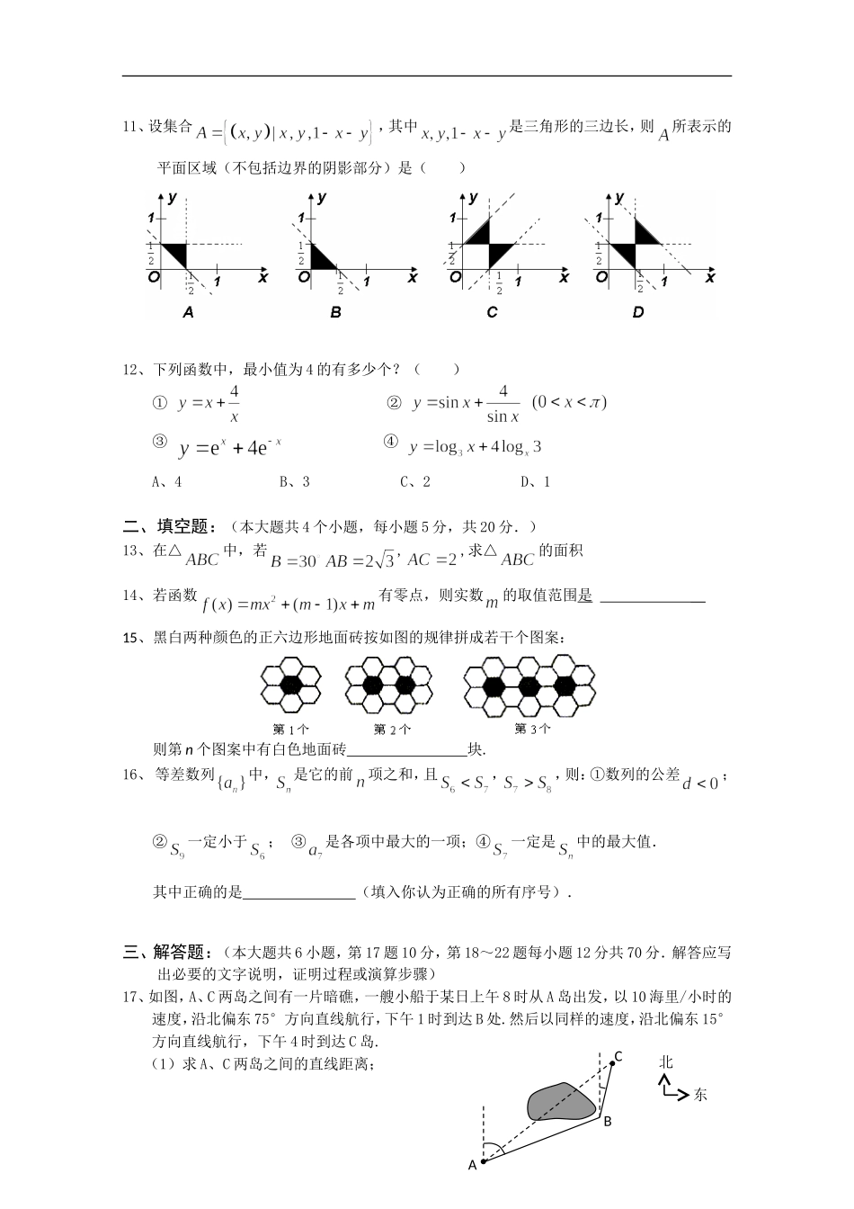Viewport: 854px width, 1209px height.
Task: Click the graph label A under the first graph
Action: tap(188, 313)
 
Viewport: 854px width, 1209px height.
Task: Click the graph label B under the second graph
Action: tap(335, 313)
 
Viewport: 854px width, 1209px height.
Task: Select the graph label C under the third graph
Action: tap(492, 313)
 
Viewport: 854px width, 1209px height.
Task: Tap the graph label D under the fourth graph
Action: tap(638, 313)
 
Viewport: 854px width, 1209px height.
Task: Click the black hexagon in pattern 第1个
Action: tap(290, 684)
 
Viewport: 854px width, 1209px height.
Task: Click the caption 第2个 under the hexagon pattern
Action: tap(392, 729)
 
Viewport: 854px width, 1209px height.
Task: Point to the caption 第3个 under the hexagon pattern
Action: tap(532, 729)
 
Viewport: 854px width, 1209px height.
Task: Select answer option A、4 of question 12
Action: tap(167, 481)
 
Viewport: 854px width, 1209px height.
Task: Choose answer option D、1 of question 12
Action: tap(535, 481)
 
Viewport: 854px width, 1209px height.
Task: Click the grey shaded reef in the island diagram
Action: tap(561, 1101)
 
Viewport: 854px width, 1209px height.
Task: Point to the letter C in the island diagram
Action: tap(618, 1056)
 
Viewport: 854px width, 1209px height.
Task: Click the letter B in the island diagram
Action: tap(608, 1121)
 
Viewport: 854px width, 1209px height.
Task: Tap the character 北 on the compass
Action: tap(665, 1062)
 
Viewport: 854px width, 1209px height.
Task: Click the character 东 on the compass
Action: tap(699, 1095)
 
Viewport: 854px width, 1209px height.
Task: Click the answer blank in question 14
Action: tap(652, 596)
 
